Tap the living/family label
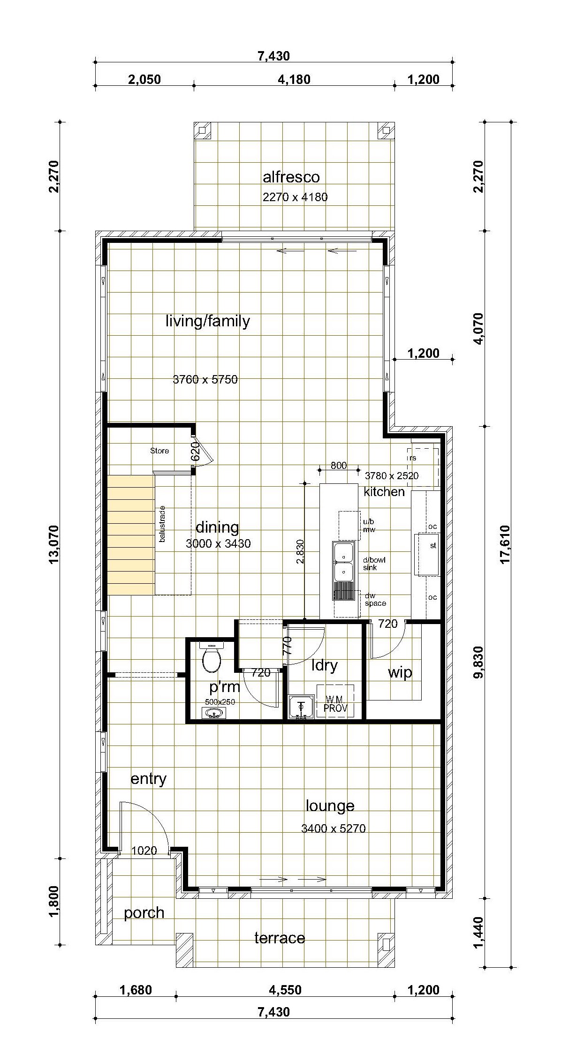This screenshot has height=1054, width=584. coord(208,321)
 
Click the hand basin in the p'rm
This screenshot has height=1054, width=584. coord(214,714)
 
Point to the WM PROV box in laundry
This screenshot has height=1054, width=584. coord(335,700)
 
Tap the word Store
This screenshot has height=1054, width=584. coord(159,451)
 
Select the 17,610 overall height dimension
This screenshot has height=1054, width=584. coord(505,544)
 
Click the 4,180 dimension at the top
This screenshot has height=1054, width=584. coord(294,79)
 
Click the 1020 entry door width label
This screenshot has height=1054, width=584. coord(144,851)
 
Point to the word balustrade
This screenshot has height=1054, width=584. coord(162,524)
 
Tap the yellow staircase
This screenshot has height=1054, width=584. coord(131,535)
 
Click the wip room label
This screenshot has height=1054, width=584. coord(400,673)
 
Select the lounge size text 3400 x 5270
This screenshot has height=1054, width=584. coord(334,828)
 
